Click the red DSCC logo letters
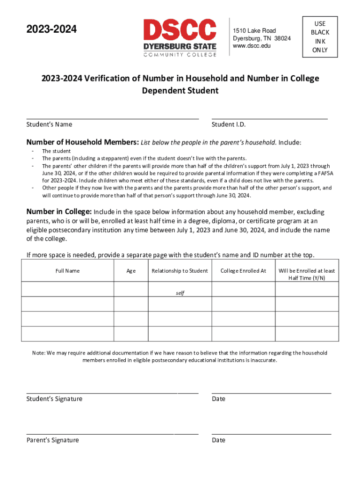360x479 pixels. [x=180, y=29]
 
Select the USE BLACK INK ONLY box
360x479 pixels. [x=320, y=37]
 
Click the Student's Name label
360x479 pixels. [x=49, y=124]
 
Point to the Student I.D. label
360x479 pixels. [x=229, y=124]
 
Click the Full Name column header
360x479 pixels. [x=68, y=271]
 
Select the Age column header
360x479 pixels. [x=131, y=271]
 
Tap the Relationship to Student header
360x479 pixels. [x=180, y=271]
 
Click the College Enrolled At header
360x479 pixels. [x=243, y=271]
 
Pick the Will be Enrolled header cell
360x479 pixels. [x=307, y=274]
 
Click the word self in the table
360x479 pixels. [x=180, y=293]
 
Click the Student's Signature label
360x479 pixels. [x=54, y=399]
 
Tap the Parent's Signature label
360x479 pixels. [x=52, y=440]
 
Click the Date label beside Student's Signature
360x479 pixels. [x=218, y=399]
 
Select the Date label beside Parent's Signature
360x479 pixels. [x=218, y=440]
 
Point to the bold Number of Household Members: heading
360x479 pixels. [x=82, y=142]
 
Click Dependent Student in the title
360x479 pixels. [x=180, y=91]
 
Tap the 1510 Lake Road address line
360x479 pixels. [x=254, y=31]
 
